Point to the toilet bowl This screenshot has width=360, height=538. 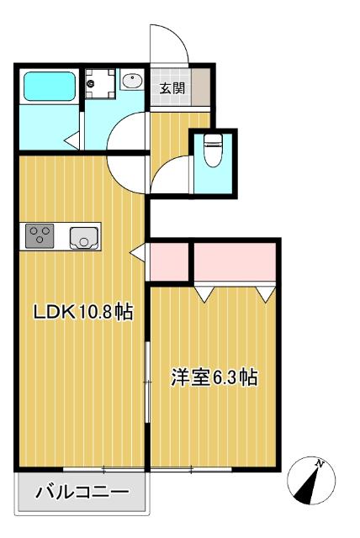coord(212,151)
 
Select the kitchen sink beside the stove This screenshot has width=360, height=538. coord(84,237)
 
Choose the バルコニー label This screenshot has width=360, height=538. coord(82,493)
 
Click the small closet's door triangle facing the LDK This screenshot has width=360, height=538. coord(138,251)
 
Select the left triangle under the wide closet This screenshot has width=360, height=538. coord(204,294)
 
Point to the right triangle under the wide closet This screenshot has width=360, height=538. coord(267,294)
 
